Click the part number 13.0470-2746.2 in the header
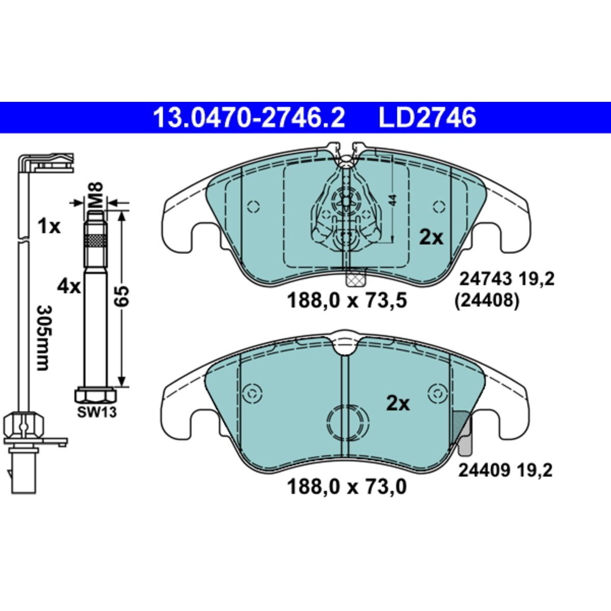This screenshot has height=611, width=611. tap(249, 118)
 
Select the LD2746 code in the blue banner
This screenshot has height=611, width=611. tap(427, 118)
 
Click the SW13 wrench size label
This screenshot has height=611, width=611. tap(97, 412)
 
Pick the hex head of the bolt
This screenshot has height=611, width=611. tap(96, 394)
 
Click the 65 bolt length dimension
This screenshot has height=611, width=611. tap(122, 296)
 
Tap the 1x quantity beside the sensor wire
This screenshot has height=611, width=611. tap(49, 227)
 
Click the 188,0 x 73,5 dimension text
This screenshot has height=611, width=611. tap(347, 300)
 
